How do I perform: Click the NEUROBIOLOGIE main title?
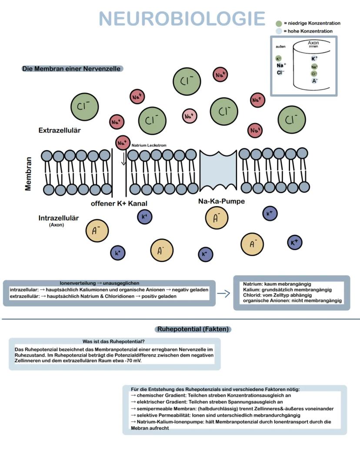coord(182,19)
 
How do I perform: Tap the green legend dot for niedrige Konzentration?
coord(279,23)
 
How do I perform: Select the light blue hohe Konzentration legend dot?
coord(279,31)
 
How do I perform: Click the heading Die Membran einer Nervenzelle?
coord(71,69)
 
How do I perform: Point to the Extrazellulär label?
coord(60,130)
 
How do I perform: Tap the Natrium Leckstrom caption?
coord(149,145)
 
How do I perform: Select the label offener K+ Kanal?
coord(122,203)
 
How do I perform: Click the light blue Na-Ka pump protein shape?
coord(218,170)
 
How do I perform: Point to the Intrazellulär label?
coord(59,218)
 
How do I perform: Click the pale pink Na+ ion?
coord(189,116)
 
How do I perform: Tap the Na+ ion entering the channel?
coord(122,142)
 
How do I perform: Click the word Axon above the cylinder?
coord(313,43)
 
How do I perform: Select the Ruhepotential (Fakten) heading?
coord(193,329)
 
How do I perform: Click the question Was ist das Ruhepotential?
coord(113,341)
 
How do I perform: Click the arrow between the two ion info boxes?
coord(223,294)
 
